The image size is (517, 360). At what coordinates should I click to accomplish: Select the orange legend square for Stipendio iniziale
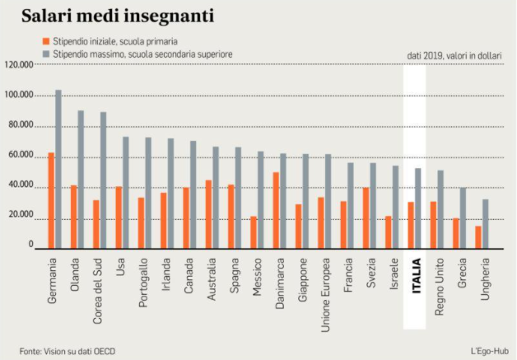tap(45, 40)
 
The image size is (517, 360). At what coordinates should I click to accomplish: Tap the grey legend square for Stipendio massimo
tap(45, 53)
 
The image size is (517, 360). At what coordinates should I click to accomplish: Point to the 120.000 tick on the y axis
tap(19, 64)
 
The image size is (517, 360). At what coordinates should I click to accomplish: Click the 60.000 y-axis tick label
tap(19, 156)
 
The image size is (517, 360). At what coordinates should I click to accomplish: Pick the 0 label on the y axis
tap(30, 245)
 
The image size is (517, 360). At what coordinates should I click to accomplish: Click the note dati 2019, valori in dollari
tap(455, 55)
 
